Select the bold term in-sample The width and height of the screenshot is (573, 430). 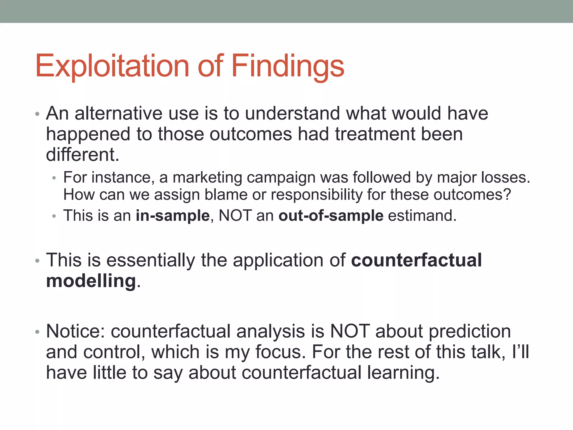coord(173,216)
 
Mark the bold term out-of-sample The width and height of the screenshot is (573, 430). coord(331,216)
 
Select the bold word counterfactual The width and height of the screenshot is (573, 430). coord(416,260)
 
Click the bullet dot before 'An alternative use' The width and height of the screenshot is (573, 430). coord(37,114)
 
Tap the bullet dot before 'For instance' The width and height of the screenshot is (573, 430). coord(54,178)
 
